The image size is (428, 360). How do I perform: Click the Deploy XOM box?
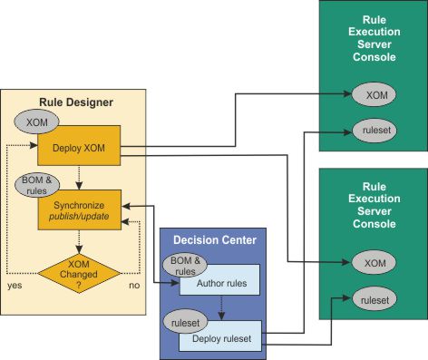pyautogui.click(x=80, y=146)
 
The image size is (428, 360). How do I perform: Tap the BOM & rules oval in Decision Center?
pyautogui.click(x=180, y=264)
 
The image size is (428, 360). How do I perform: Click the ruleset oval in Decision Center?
pyautogui.click(x=179, y=322)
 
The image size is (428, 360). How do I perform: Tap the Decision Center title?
pyautogui.click(x=215, y=240)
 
